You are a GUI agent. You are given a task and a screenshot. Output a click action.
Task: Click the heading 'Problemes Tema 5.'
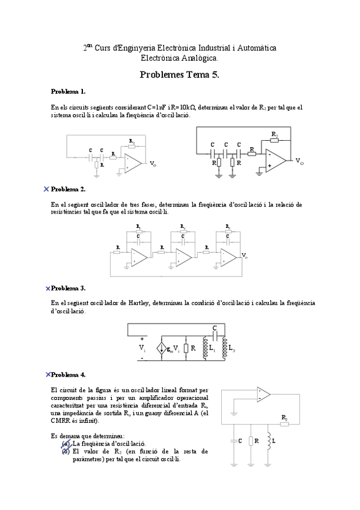click(179, 75)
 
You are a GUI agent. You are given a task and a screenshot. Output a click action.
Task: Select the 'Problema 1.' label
click(68, 92)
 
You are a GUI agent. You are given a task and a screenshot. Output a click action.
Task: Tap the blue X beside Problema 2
click(47, 189)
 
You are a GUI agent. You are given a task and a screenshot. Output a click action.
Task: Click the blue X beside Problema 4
click(47, 374)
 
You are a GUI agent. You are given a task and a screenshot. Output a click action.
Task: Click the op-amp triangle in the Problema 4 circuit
click(263, 395)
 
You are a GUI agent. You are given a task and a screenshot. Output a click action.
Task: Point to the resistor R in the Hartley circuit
click(186, 348)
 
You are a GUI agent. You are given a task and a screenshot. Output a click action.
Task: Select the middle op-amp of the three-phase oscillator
click(184, 257)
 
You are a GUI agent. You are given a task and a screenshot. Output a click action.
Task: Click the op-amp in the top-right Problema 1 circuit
click(276, 160)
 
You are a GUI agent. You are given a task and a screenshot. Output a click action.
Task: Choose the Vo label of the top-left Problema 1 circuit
click(153, 164)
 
